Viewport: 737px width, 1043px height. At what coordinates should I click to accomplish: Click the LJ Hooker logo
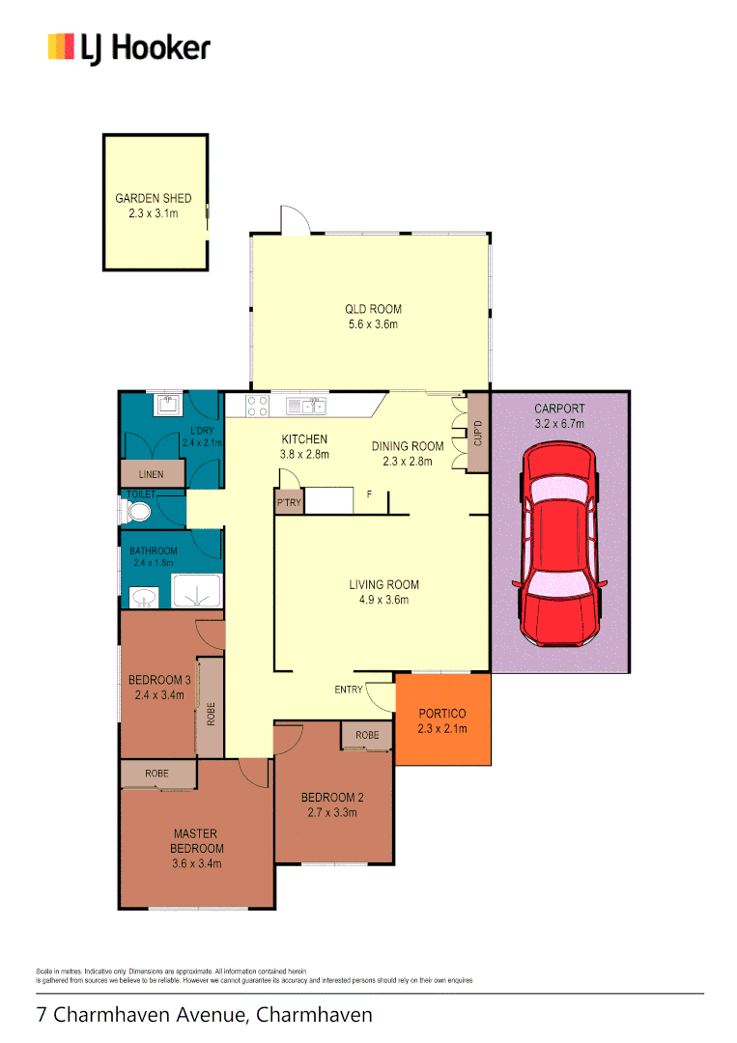click(128, 47)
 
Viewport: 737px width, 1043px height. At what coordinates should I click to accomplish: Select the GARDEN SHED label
click(154, 198)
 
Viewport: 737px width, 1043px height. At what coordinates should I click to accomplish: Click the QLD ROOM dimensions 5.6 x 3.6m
click(373, 324)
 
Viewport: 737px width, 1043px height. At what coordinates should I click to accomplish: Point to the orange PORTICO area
click(442, 720)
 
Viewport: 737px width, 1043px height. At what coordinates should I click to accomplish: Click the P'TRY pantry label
click(288, 503)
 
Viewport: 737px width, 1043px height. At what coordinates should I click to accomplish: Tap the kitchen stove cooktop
click(258, 406)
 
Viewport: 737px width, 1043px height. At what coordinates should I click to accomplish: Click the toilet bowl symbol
click(140, 510)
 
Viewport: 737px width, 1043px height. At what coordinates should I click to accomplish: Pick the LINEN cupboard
click(153, 474)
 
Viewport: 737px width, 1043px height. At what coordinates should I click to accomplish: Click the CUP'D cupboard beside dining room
click(476, 436)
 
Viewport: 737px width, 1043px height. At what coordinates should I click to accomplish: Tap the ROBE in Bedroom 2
click(367, 735)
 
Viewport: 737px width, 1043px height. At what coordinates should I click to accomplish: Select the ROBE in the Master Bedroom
click(157, 774)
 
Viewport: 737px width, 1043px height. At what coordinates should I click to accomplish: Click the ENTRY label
click(349, 690)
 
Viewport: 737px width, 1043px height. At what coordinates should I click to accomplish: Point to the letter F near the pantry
click(368, 495)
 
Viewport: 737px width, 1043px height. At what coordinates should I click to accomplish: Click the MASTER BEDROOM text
click(195, 840)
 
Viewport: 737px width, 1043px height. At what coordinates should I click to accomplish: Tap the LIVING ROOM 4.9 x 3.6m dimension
click(383, 600)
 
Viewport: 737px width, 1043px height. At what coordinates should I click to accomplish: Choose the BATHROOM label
click(154, 551)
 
